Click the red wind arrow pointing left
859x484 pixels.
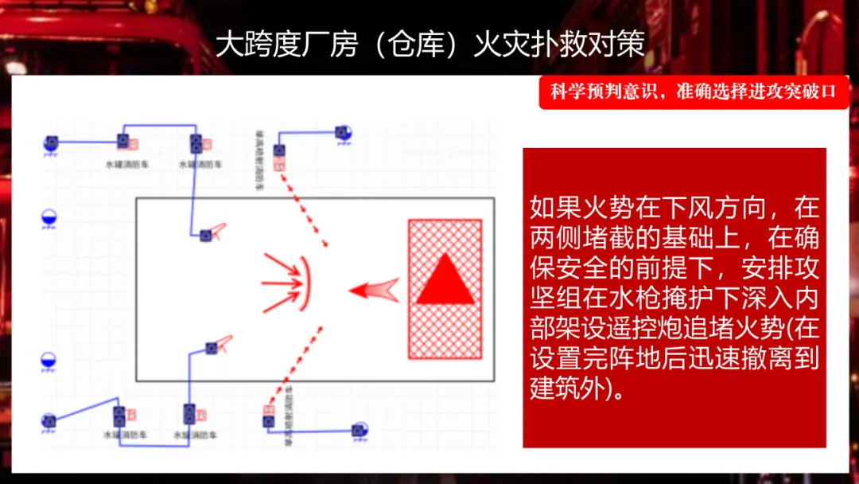[x=375, y=290]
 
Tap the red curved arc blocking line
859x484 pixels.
[x=305, y=284]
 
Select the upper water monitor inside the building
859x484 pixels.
[x=206, y=235]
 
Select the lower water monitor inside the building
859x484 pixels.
[x=212, y=348]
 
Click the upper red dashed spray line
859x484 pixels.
[x=306, y=210]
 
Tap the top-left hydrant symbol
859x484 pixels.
[x=51, y=143]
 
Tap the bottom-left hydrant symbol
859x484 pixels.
[x=49, y=420]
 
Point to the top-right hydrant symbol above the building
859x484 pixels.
[x=343, y=132]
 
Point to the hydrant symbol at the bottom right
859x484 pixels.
[x=360, y=431]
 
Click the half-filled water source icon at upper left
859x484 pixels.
[x=49, y=217]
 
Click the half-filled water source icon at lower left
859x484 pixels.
[x=49, y=361]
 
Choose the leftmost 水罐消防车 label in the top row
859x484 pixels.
[x=126, y=164]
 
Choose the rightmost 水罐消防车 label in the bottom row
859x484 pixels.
[x=196, y=435]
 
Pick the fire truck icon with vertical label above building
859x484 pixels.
[x=279, y=150]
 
